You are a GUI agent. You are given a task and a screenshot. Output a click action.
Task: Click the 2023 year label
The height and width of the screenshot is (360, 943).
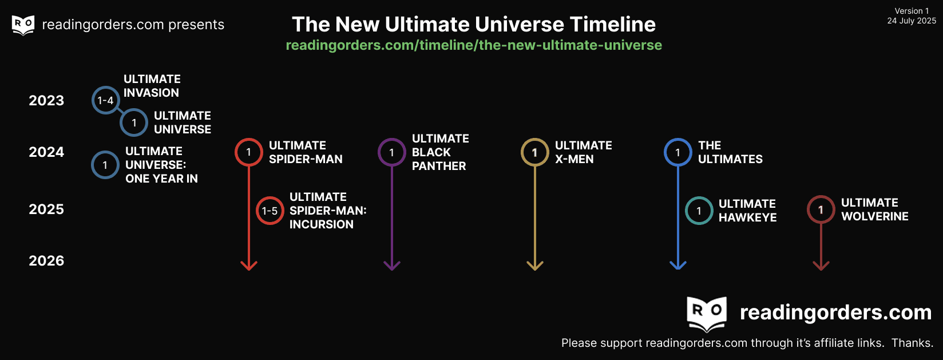click(46, 101)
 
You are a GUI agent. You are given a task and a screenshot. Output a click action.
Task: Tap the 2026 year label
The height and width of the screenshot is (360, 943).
click(46, 261)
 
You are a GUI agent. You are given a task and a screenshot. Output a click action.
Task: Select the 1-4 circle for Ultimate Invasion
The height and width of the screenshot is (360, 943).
click(105, 101)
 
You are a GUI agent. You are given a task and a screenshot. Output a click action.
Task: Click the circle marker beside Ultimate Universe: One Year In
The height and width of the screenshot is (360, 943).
click(105, 165)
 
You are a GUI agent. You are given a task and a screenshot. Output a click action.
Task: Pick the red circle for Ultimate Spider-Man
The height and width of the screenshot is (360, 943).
click(248, 152)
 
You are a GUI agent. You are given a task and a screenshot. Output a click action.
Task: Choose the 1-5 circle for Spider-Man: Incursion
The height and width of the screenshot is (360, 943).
click(270, 211)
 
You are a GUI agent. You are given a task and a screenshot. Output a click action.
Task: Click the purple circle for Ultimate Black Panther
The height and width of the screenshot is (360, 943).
click(391, 152)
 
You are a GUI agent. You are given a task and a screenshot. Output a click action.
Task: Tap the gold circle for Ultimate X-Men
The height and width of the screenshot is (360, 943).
click(534, 152)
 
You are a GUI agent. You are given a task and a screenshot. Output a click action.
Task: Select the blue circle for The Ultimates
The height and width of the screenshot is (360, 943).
click(677, 152)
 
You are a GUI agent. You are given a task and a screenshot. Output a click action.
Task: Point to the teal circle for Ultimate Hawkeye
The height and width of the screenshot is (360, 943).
click(699, 211)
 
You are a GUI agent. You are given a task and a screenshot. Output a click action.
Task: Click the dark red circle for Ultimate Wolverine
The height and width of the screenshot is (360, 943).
click(821, 209)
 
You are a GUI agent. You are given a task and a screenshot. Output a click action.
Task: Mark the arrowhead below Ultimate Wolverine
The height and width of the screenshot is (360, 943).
click(821, 265)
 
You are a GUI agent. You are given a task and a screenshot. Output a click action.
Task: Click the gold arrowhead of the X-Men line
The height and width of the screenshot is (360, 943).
click(534, 265)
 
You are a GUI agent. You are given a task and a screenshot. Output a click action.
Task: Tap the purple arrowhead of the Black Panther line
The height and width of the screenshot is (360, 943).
click(391, 265)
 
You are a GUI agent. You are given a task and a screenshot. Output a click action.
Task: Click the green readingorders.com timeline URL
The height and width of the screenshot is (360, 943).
click(474, 45)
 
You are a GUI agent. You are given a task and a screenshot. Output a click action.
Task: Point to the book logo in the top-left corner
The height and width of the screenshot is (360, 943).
click(23, 25)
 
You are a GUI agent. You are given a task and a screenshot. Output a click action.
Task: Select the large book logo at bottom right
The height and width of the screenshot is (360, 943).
click(707, 313)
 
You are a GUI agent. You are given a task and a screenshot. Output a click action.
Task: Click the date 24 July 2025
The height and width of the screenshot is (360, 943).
click(912, 21)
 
